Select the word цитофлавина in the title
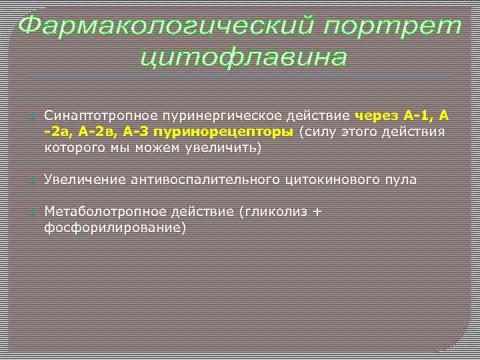pos(244,57)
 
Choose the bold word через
pos(380,116)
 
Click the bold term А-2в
pos(100,132)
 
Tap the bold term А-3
pos(140,132)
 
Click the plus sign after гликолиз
pos(316,212)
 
